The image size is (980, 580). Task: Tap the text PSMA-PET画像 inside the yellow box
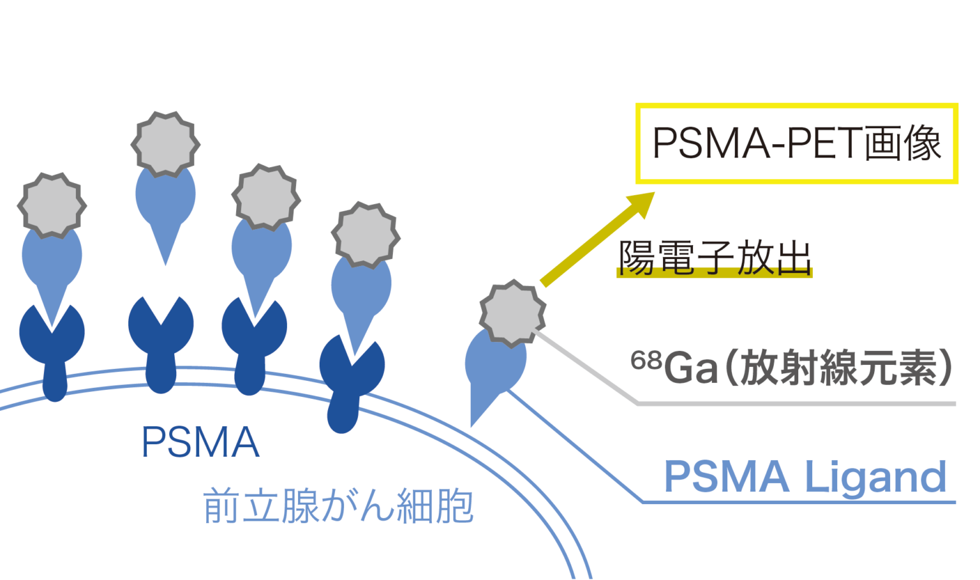pos(796,143)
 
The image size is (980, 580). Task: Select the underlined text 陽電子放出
pos(715,258)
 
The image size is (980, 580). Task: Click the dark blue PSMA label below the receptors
pos(200,442)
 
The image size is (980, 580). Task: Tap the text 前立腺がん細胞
pos(338,506)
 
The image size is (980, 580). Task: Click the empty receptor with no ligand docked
pos(161,338)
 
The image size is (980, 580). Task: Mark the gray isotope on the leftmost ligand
pos(52,205)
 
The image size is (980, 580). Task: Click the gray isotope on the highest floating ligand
pos(165,144)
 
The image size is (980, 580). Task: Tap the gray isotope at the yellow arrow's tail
pos(512,313)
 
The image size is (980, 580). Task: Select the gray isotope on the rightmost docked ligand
pos(366,234)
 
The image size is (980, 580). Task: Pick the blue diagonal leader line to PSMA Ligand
pos(574,447)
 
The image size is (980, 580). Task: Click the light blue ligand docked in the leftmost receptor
pos(52,262)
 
